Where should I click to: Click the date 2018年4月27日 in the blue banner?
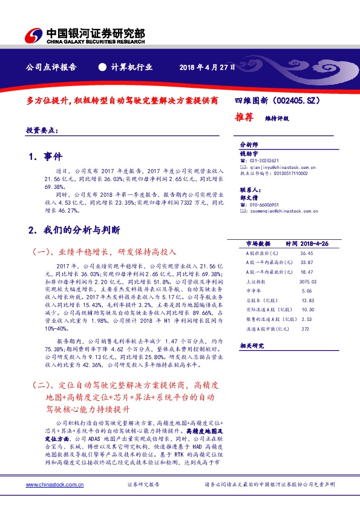coord(207,67)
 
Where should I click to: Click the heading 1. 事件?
coord(45,157)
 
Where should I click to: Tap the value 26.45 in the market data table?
coord(306,253)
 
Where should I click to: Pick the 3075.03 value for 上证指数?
coord(307,281)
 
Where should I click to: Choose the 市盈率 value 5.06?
coord(306,291)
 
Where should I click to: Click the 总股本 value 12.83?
coord(307,300)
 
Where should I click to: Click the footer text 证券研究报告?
coord(143,485)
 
